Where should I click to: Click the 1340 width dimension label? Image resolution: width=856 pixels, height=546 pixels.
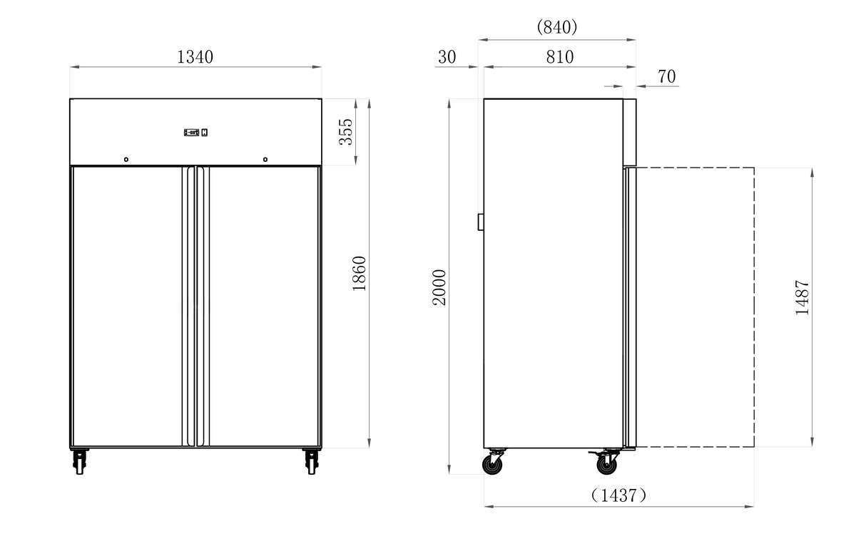[x=195, y=57]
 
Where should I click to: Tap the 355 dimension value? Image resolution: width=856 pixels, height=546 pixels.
[x=345, y=132]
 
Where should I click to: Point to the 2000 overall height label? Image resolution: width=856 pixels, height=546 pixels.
[x=439, y=287]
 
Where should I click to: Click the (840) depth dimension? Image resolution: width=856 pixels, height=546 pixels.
[x=556, y=27]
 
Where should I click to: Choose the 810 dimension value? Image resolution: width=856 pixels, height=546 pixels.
[x=559, y=57]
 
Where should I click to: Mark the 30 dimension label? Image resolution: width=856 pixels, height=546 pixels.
[x=447, y=57]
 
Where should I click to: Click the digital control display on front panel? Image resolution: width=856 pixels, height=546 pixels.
[x=195, y=132]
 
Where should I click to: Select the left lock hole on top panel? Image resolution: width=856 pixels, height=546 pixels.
[x=126, y=159]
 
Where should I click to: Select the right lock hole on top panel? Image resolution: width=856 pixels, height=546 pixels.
[x=265, y=159]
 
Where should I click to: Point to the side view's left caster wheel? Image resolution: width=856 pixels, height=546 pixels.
[x=492, y=464]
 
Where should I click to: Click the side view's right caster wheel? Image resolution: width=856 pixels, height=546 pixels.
[x=606, y=464]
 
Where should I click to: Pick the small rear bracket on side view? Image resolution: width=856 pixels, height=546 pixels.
[x=481, y=222]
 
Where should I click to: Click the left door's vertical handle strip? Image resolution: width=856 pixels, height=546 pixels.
[x=188, y=307]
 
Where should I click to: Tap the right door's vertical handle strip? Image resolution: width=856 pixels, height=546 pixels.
[x=201, y=307]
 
